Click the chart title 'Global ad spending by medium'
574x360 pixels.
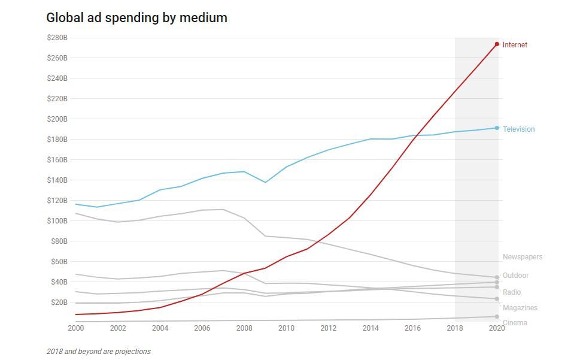click(136, 18)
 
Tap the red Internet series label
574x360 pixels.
click(515, 45)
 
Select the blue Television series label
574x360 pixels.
click(518, 129)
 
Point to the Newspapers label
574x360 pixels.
click(522, 257)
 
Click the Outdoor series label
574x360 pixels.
click(515, 276)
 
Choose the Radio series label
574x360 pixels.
click(512, 292)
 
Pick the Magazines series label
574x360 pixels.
click(520, 308)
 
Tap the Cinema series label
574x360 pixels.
click(515, 323)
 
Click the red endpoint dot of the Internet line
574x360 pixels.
click(497, 44)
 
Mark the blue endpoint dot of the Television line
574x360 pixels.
click(497, 128)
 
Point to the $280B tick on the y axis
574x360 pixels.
click(57, 38)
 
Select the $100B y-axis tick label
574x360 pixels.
click(57, 221)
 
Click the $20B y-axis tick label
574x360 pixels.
click(59, 302)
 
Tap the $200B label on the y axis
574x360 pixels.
click(57, 119)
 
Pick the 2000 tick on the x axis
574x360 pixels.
click(76, 328)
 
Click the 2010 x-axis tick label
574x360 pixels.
click(286, 328)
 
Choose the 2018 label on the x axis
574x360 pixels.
click(455, 328)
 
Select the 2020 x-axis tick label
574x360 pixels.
click(497, 328)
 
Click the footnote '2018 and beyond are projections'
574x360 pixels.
click(98, 352)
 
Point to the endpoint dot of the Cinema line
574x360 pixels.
click(497, 316)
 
